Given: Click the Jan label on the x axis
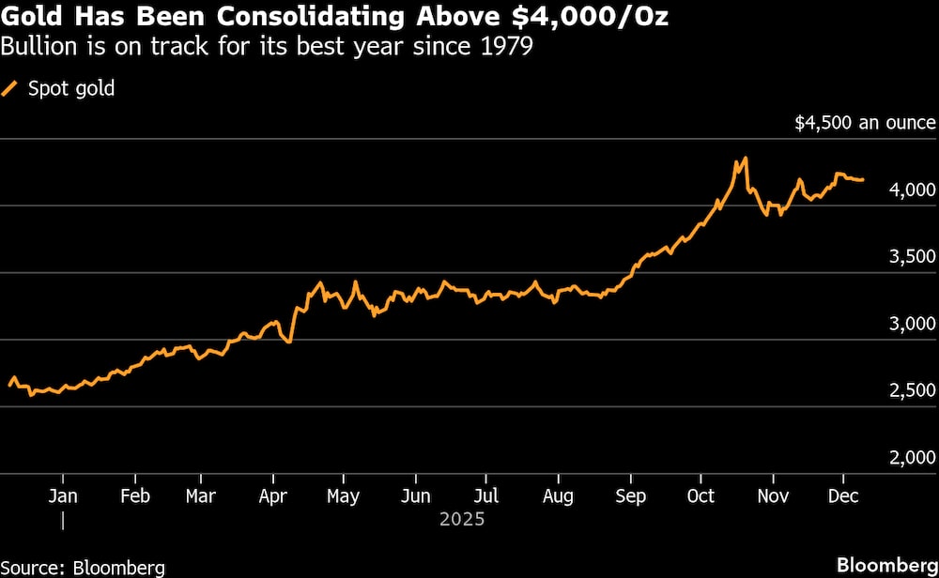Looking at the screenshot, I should [62, 496].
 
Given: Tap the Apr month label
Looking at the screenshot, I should [272, 496].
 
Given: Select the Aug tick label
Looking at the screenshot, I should [558, 496].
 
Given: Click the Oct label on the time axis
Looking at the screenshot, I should [700, 496].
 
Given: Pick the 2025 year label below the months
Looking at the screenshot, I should [461, 518].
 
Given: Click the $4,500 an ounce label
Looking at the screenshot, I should [865, 123].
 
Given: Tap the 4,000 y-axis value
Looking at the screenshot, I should [913, 190].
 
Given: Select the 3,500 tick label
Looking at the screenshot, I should [913, 257].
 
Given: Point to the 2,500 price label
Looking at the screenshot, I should [913, 391].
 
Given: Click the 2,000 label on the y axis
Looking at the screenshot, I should [913, 458].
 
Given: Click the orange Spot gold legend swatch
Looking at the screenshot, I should [10, 89].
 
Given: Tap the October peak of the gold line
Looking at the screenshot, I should [745, 158].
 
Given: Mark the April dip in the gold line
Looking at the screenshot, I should [288, 342].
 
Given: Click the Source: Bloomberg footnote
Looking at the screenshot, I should [84, 567].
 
